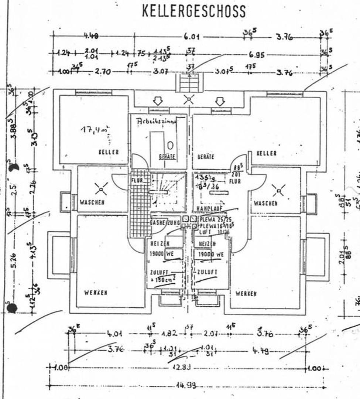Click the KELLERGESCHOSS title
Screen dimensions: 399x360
pos(193,11)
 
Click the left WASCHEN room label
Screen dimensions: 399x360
pos(92,202)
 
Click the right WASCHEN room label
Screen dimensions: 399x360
pos(266,203)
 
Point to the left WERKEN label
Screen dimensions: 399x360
pos(96,293)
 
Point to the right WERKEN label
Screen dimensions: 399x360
pos(246,293)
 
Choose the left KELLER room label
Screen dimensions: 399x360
pos(109,152)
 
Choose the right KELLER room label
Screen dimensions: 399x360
pos(266,153)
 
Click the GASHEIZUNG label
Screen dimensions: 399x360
pos(165,223)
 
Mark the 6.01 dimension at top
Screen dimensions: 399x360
pos(192,37)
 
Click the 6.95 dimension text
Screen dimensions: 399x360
pos(256,55)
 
